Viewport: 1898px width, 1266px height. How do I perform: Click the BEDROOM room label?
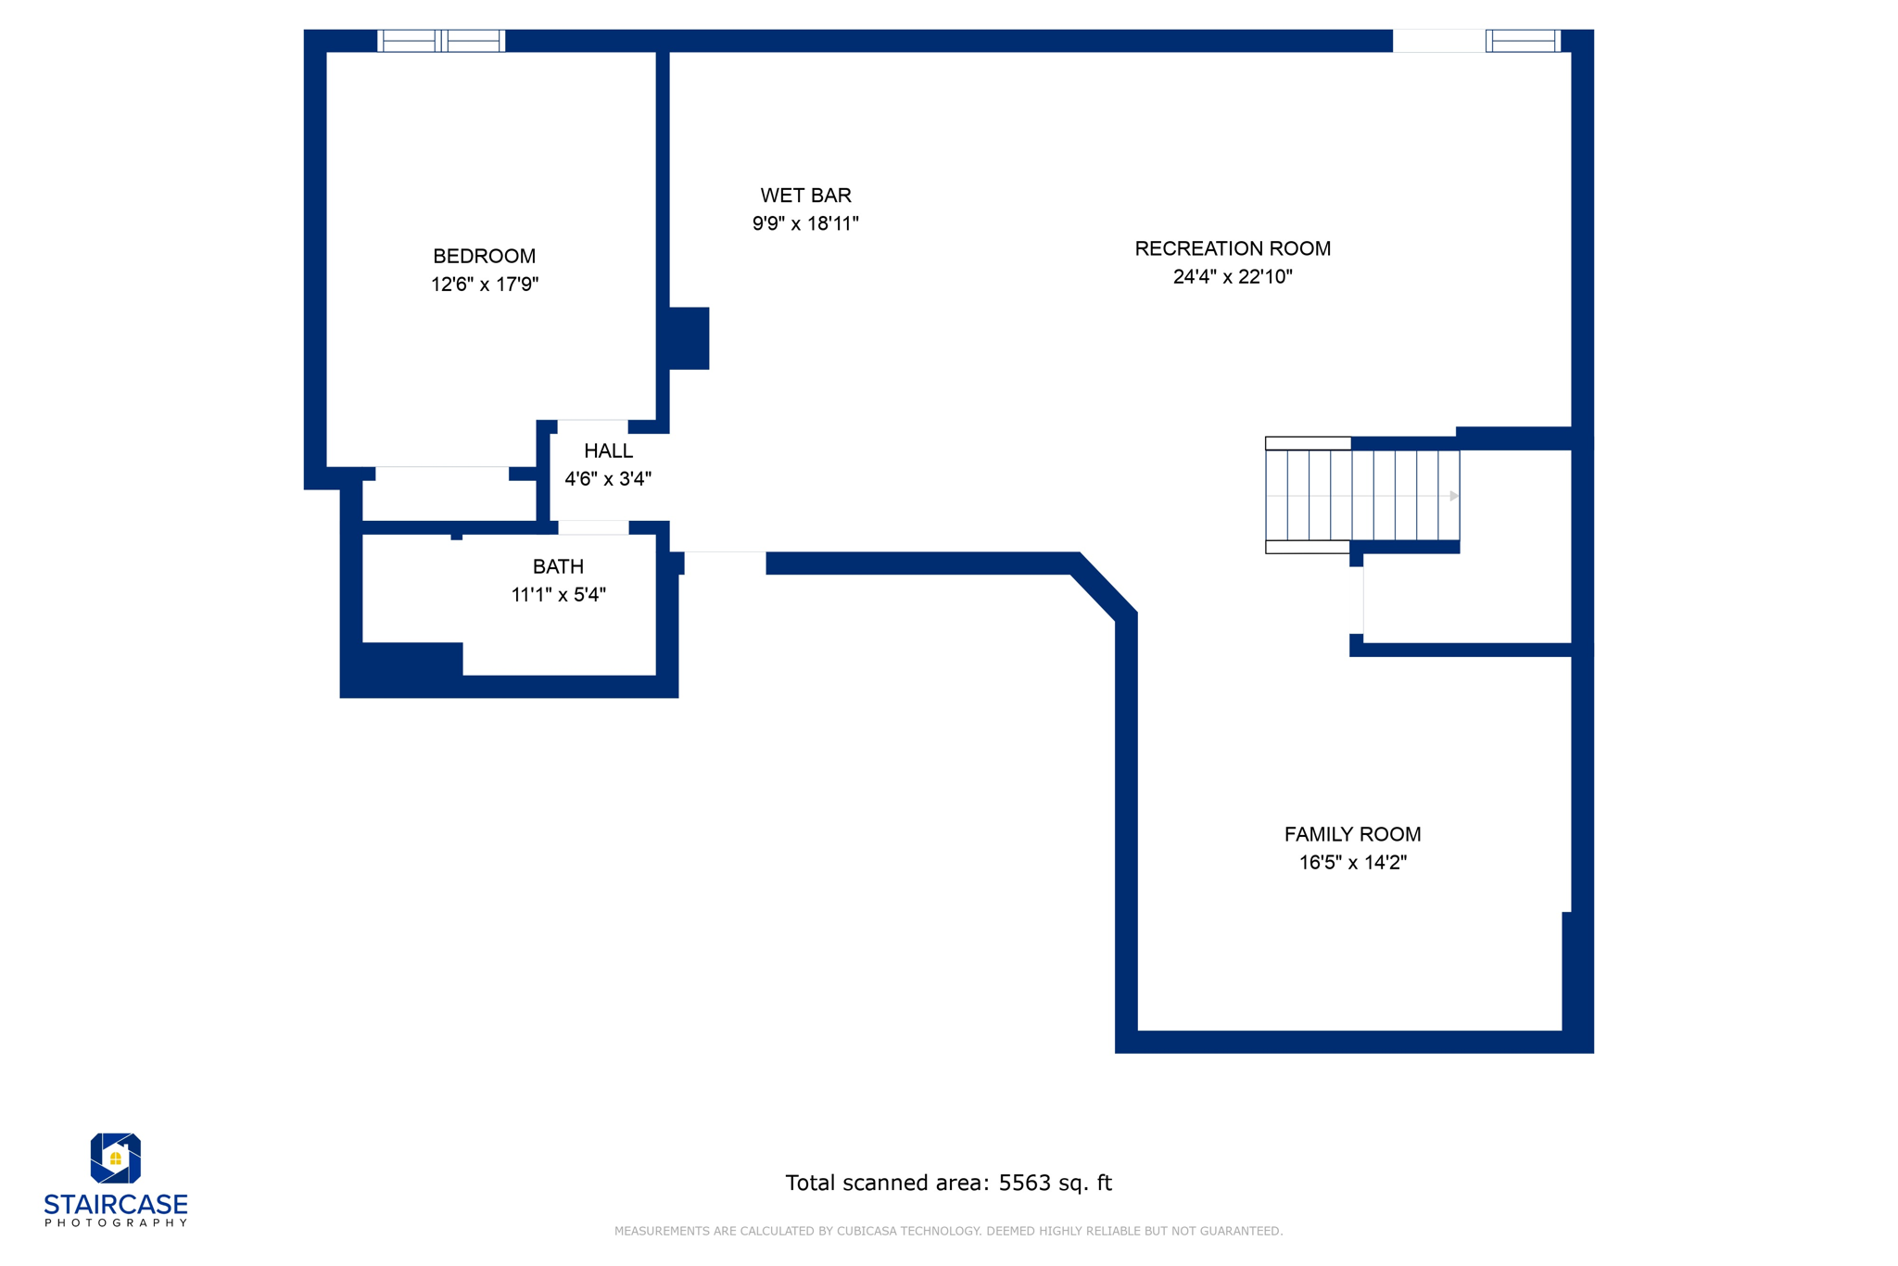point(484,256)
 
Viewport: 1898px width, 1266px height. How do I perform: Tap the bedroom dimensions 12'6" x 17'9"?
point(484,285)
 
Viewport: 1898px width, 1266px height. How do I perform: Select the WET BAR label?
point(805,196)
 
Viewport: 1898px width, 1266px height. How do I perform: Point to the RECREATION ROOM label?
point(1232,248)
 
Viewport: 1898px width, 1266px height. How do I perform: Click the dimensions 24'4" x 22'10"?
point(1232,277)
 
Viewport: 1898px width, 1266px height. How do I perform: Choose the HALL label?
point(608,451)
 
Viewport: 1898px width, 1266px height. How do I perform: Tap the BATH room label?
point(558,566)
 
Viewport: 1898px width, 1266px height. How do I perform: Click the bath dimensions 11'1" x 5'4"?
point(558,595)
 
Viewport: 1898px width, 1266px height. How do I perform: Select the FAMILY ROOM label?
point(1352,834)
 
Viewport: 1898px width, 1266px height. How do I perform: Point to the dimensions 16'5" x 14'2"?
point(1352,863)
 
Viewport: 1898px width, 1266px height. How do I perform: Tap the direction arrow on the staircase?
point(1453,496)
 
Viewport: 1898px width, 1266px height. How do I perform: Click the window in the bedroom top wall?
point(441,41)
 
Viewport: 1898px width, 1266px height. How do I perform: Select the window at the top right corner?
point(1523,41)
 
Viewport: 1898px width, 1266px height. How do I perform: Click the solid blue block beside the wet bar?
point(689,338)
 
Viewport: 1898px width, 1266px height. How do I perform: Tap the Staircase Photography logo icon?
point(115,1158)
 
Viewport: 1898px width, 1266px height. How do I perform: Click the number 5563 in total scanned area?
point(1023,1183)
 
